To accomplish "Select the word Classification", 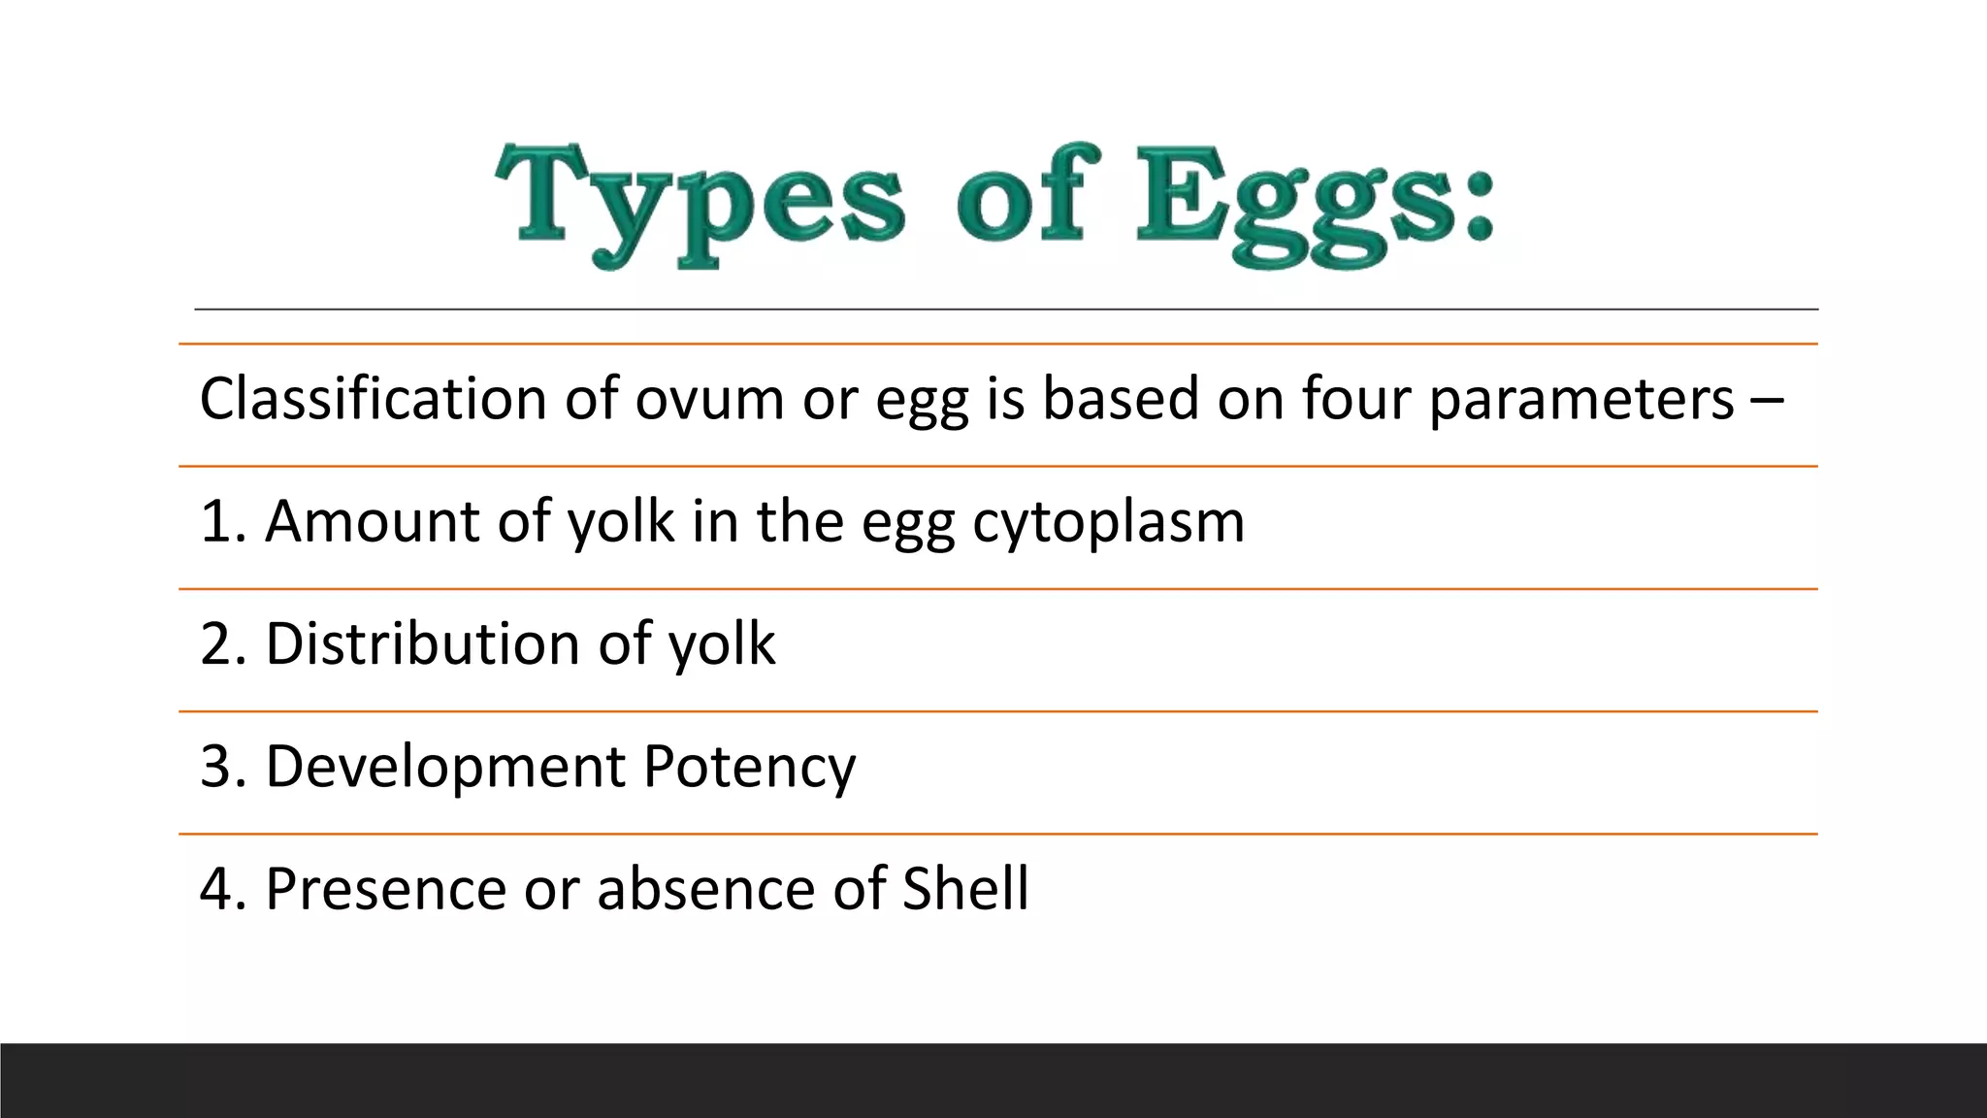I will pyautogui.click(x=374, y=399).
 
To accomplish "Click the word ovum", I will pyautogui.click(x=709, y=399).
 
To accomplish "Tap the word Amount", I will pyautogui.click(x=373, y=521).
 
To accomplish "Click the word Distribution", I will pyautogui.click(x=423, y=643).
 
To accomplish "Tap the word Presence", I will pyautogui.click(x=385, y=889).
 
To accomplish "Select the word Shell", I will pyautogui.click(x=965, y=889).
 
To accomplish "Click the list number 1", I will pyautogui.click(x=215, y=521).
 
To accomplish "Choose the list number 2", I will pyautogui.click(x=215, y=643).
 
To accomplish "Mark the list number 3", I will pyautogui.click(x=215, y=767).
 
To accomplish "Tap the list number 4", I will pyautogui.click(x=215, y=889).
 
